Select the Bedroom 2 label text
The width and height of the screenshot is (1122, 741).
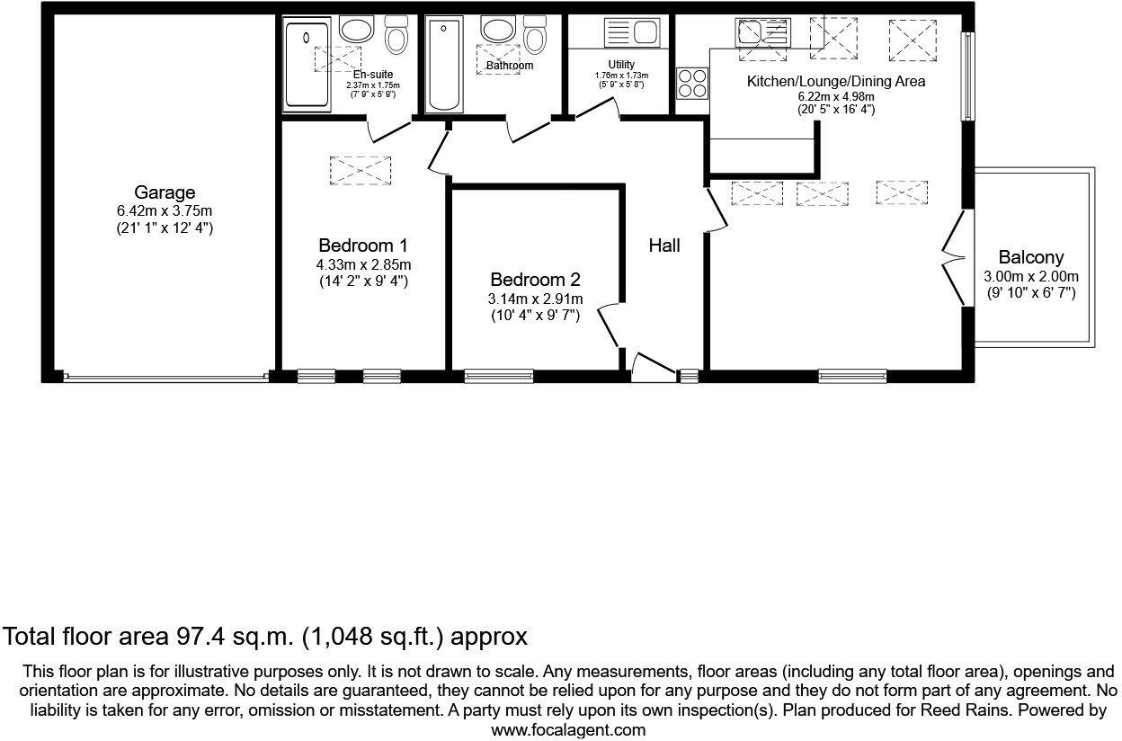click(x=536, y=280)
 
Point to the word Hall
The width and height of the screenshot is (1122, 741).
click(x=664, y=246)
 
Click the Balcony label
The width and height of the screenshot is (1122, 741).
click(x=1029, y=258)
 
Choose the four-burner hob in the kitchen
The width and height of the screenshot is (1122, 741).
click(x=692, y=83)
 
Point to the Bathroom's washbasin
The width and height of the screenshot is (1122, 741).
click(x=497, y=30)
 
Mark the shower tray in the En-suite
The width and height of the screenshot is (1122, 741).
click(x=306, y=66)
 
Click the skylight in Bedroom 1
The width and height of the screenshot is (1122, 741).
click(x=361, y=170)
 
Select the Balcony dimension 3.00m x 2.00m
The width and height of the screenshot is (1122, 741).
click(x=1029, y=277)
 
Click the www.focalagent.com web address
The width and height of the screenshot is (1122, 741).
click(x=568, y=730)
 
